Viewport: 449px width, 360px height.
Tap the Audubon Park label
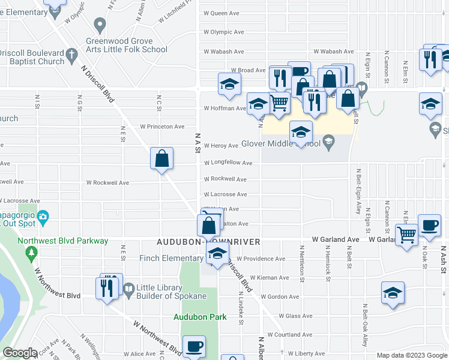200,316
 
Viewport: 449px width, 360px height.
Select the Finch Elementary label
172,258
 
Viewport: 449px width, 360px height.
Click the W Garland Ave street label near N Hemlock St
335,239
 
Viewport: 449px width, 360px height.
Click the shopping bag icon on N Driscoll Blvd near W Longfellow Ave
162,158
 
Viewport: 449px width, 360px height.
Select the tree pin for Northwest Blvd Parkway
32,254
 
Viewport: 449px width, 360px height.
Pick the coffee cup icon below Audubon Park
194,347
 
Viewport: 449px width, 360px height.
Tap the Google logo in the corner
20,353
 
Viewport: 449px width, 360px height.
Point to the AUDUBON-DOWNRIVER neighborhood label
208,242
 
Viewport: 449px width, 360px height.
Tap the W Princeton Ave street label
162,127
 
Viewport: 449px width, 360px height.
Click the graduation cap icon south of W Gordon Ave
393,293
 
